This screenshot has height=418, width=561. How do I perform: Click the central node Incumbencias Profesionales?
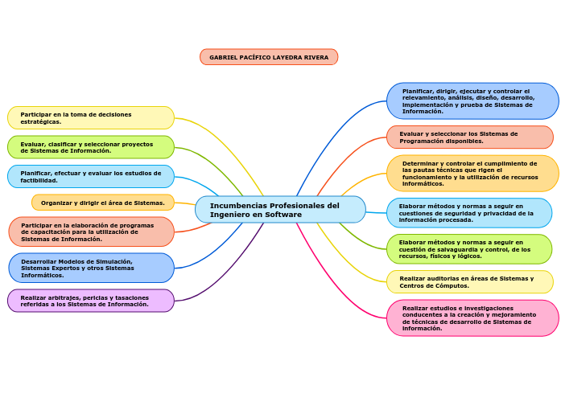[280, 210]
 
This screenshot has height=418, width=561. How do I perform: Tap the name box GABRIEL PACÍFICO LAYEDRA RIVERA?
[269, 57]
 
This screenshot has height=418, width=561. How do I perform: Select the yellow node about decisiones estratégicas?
[91, 118]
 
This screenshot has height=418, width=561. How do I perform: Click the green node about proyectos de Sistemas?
[91, 147]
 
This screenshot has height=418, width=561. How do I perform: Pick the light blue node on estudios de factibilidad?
[91, 176]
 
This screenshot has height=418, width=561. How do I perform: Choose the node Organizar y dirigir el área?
[103, 203]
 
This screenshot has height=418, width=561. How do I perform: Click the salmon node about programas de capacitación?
[91, 232]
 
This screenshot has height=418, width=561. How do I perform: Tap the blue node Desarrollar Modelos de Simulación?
[91, 268]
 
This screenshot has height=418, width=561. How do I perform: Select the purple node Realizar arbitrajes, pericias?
[91, 301]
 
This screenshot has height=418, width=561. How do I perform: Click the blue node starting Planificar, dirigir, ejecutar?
[472, 101]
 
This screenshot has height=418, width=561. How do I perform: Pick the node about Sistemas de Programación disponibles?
[470, 137]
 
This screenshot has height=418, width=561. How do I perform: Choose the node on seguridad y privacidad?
[470, 213]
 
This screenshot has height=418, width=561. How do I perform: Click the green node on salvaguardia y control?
[469, 249]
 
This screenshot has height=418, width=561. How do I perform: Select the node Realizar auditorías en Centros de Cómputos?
[470, 282]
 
